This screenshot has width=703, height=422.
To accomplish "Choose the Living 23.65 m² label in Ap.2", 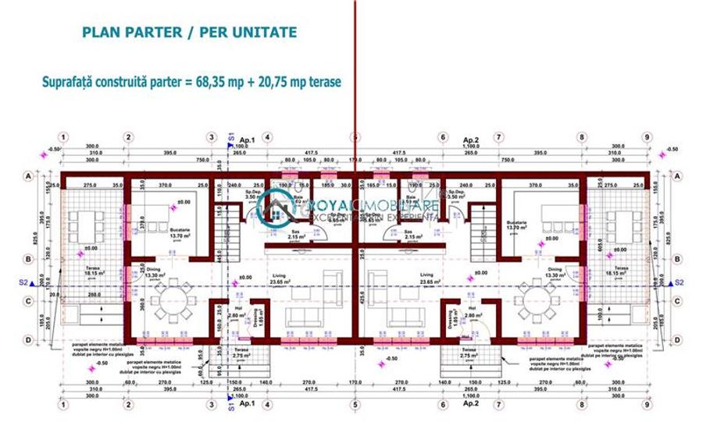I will coord(427,278).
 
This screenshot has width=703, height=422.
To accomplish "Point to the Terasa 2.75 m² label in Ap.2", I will coord(469,353).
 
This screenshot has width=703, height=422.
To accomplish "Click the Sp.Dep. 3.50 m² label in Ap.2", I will coord(456,195).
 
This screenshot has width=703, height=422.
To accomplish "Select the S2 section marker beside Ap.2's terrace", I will coord(678,282).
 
